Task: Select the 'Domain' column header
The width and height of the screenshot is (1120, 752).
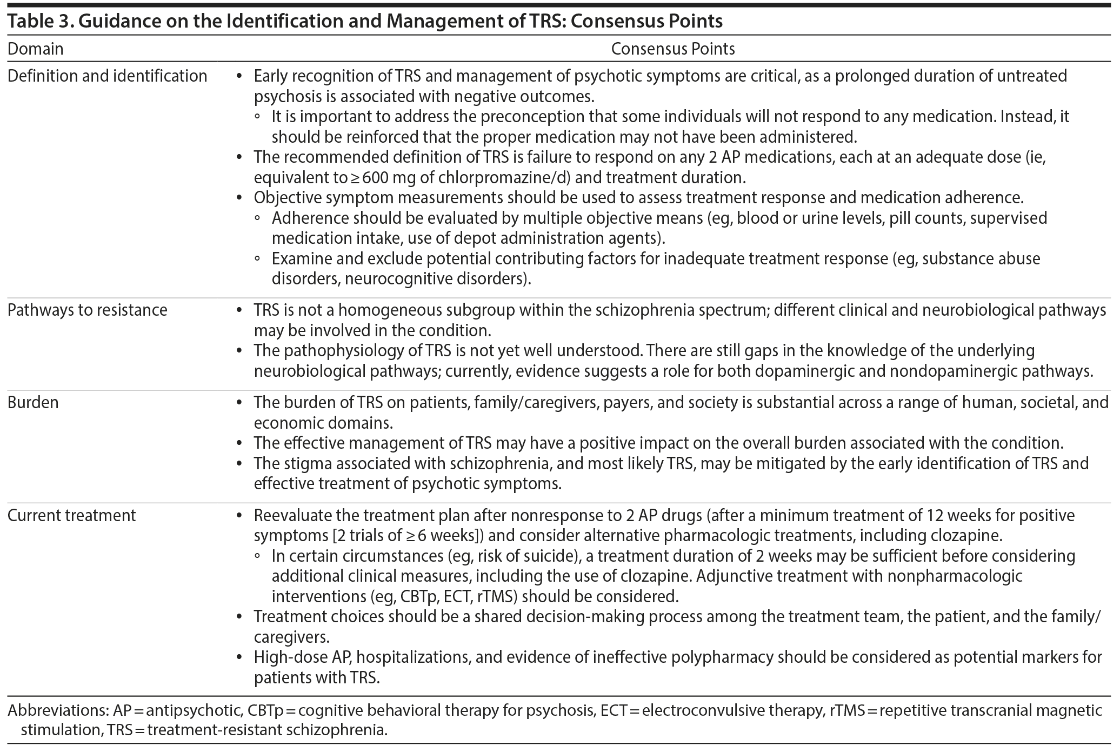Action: pos(35,49)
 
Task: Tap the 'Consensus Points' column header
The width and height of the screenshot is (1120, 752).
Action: pos(673,49)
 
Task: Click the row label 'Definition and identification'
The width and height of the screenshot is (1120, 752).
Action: pos(107,76)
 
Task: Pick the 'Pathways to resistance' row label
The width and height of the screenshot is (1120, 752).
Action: pos(87,310)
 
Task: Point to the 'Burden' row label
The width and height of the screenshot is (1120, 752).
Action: pos(33,403)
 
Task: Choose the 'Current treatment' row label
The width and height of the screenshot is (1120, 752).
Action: pos(71,516)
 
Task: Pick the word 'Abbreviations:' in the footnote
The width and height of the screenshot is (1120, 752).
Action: pos(58,710)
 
